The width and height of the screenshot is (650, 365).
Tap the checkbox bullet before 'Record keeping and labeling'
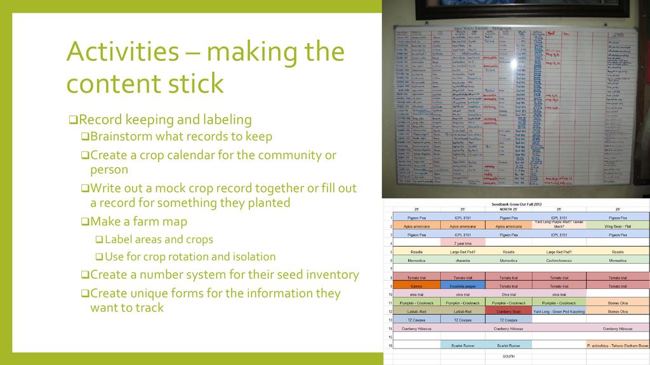pyautogui.click(x=73, y=120)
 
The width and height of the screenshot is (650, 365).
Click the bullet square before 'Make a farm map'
pyautogui.click(x=85, y=222)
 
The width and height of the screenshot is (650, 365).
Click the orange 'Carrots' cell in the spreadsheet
pyautogui.click(x=416, y=286)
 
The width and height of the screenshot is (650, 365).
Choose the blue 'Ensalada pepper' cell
pyautogui.click(x=462, y=286)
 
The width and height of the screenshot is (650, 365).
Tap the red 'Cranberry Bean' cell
pyautogui.click(x=508, y=311)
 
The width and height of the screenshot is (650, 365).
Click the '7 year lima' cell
pyautogui.click(x=462, y=243)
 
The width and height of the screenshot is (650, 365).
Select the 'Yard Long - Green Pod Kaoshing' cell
pyautogui.click(x=559, y=311)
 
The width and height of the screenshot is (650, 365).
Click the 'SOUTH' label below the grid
pyautogui.click(x=508, y=356)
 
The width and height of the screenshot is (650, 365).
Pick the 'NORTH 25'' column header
pyautogui.click(x=508, y=209)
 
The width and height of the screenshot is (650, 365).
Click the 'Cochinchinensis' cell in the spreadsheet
pyautogui.click(x=559, y=260)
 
